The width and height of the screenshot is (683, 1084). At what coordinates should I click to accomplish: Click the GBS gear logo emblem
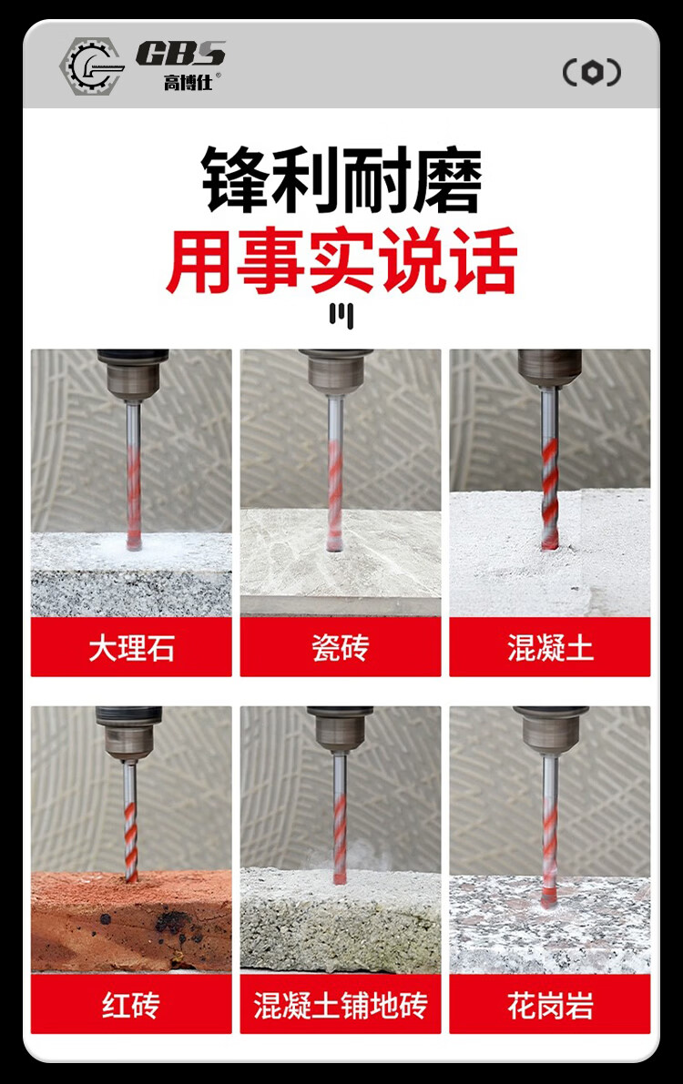click(91, 66)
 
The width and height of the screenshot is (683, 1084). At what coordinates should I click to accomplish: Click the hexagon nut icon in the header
click(592, 72)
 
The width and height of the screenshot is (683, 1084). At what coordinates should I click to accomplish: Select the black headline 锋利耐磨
click(341, 179)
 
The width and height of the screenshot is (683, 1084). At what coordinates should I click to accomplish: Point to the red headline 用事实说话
click(341, 260)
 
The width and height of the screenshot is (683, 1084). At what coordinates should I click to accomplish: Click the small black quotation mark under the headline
click(341, 315)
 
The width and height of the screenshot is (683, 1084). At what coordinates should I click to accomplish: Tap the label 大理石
click(131, 648)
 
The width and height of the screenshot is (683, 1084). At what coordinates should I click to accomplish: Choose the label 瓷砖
click(341, 648)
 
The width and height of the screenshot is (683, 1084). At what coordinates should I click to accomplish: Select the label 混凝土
click(550, 648)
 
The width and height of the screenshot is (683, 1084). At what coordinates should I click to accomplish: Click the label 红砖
click(131, 1005)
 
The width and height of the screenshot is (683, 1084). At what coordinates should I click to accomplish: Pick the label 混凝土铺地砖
click(341, 1005)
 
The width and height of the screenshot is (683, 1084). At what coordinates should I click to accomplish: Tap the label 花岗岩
click(550, 1005)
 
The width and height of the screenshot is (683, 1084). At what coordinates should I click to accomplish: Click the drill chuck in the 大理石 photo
click(133, 374)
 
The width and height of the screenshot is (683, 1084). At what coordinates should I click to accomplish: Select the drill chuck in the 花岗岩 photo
click(550, 729)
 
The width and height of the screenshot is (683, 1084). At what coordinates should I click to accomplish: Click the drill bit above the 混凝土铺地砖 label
click(339, 818)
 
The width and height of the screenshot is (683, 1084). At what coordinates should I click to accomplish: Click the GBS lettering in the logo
click(180, 54)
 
